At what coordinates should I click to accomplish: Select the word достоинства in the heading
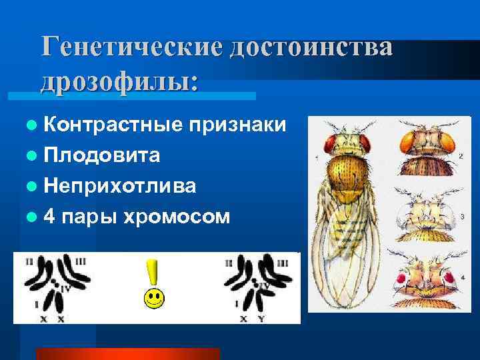312,48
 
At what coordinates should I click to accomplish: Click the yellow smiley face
154,298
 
